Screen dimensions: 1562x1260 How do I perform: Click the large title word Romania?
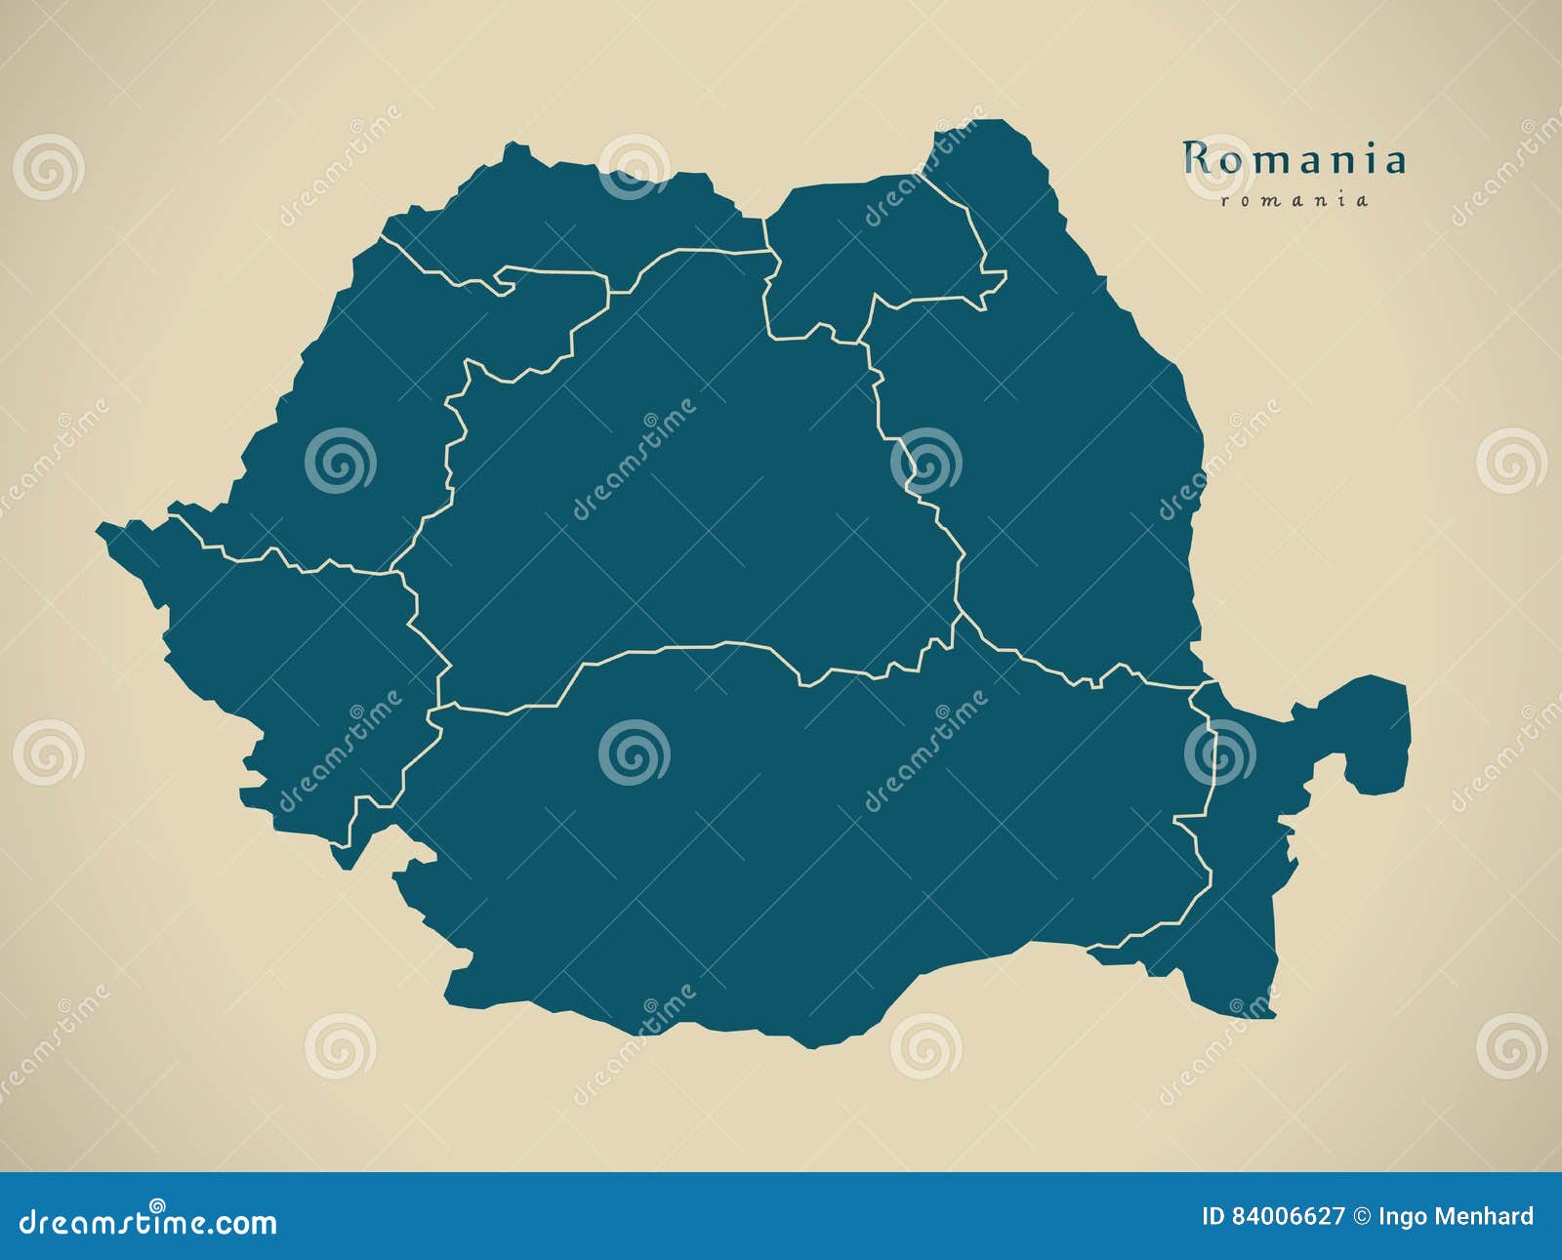(x=1295, y=159)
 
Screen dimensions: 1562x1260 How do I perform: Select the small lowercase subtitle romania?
(x=1295, y=200)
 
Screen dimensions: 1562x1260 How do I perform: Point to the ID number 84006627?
(x=1288, y=1216)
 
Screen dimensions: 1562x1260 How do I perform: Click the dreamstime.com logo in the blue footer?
(x=148, y=1221)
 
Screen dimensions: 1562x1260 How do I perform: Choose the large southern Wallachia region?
(x=781, y=839)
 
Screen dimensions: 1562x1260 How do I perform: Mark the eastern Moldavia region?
(x=1054, y=468)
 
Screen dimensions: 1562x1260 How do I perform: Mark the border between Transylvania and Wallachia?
(x=683, y=646)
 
